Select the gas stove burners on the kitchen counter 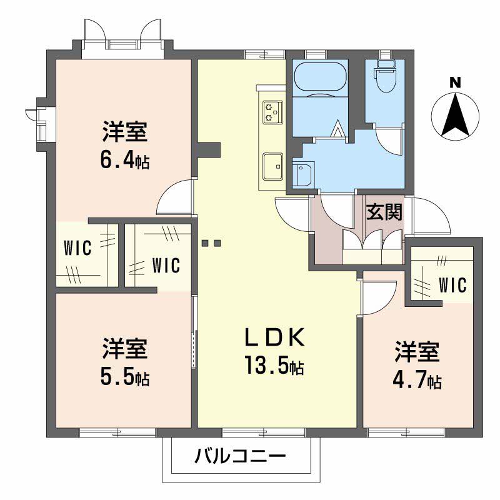[x=273, y=112]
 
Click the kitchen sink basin [x=273, y=167]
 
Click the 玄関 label [x=384, y=211]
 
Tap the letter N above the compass [x=456, y=83]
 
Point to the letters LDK [x=274, y=337]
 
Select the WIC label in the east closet [x=452, y=285]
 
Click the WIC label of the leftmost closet [x=77, y=247]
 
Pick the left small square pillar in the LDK [x=205, y=243]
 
